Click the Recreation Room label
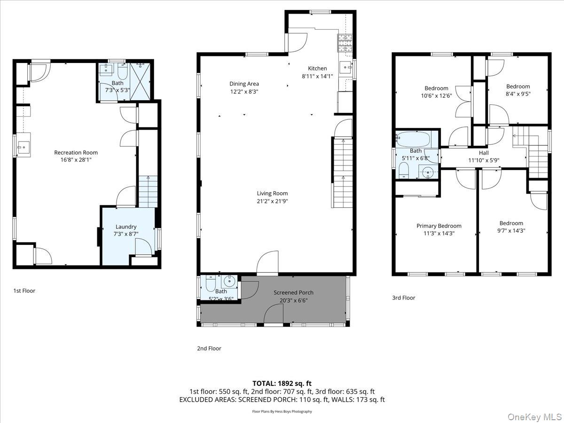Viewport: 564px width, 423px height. coord(76,153)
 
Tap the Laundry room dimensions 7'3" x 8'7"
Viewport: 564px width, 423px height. coord(126,234)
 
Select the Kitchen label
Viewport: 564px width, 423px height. coord(317,68)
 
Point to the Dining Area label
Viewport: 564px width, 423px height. coord(244,84)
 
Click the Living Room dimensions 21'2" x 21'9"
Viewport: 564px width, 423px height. coord(272,201)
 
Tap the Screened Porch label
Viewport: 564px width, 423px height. coord(293,292)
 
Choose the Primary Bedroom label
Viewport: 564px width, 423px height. coord(439,226)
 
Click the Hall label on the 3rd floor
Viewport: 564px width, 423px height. coord(484,153)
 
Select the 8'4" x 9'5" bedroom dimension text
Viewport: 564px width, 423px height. coord(518,94)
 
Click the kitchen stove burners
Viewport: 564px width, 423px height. coord(345,43)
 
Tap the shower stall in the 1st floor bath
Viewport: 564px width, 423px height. coord(140,82)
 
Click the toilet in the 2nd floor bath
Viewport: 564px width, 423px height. coord(211,283)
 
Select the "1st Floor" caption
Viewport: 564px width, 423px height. coord(24,291)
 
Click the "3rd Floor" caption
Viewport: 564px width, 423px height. coord(403,298)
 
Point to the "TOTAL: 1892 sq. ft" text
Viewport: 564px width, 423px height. coord(282,384)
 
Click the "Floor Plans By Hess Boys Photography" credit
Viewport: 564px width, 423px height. coord(282,411)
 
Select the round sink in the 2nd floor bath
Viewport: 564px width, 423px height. coord(229,282)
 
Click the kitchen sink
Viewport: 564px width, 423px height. coord(345,68)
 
